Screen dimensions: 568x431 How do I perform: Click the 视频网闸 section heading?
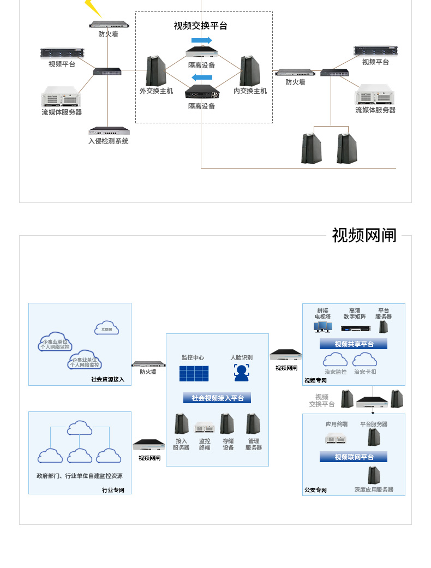tap(364, 235)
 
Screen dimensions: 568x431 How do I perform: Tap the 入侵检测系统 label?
tap(109, 141)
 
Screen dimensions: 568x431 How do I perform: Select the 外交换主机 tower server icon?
tap(156, 71)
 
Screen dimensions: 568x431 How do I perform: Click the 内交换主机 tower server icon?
tap(250, 71)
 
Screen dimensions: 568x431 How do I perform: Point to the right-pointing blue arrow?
tap(202, 40)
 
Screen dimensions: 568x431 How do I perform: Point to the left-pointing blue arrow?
tap(202, 77)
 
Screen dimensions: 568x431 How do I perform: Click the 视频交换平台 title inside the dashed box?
tap(201, 26)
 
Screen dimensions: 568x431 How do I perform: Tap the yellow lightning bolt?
tap(93, 8)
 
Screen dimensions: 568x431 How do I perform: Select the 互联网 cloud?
tap(107, 328)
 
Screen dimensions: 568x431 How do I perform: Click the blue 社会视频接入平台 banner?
tap(217, 398)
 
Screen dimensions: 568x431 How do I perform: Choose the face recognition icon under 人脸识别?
tap(241, 372)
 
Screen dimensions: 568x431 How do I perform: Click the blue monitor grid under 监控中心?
tap(194, 373)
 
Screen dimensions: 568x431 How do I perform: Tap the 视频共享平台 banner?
tap(354, 344)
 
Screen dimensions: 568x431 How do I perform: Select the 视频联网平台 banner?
tap(354, 457)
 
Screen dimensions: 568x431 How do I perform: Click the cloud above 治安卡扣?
tap(365, 360)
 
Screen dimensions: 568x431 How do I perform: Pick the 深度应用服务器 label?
tap(374, 489)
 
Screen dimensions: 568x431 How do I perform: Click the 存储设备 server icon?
tap(227, 424)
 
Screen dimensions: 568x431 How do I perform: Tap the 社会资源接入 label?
tap(107, 379)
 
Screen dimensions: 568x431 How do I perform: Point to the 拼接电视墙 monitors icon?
tap(322, 327)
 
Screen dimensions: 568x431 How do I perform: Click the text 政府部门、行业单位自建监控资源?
tap(80, 476)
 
